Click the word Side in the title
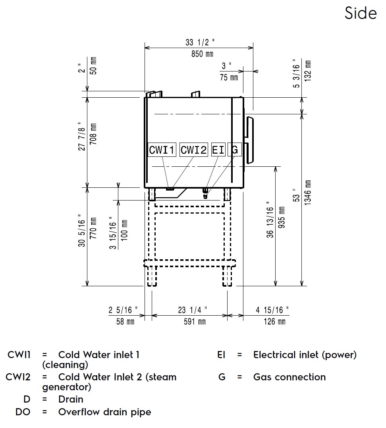click(361, 13)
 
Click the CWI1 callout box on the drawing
click(162, 150)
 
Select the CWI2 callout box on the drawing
click(194, 150)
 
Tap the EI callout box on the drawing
click(219, 150)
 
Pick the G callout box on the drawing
click(234, 150)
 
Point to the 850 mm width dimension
click(202, 54)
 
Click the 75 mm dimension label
click(229, 77)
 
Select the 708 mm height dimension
click(93, 134)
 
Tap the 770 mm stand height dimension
click(93, 228)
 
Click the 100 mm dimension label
click(124, 230)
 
